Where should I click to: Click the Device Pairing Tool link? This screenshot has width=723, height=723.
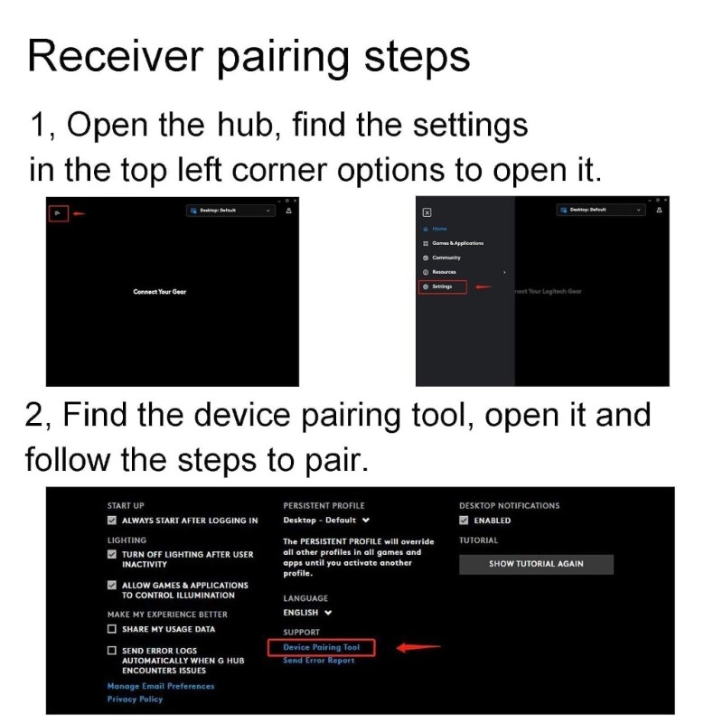click(x=321, y=647)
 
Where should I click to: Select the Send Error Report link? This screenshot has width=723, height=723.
click(x=318, y=661)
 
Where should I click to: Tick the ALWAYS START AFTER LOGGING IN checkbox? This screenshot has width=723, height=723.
click(x=112, y=521)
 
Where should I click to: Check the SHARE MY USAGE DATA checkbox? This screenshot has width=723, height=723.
click(x=112, y=629)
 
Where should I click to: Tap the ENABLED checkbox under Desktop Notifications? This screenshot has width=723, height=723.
click(x=464, y=521)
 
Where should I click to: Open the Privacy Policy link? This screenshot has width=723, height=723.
click(x=135, y=699)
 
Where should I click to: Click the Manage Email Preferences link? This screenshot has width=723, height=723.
click(x=161, y=686)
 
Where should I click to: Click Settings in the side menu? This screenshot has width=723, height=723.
click(x=442, y=286)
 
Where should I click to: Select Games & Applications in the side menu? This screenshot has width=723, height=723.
click(x=456, y=243)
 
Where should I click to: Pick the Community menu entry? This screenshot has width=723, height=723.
click(x=446, y=258)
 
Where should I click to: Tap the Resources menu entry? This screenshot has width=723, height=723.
click(x=444, y=272)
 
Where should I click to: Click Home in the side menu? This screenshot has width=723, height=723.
click(x=439, y=229)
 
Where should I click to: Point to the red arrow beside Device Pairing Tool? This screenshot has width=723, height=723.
click(x=418, y=647)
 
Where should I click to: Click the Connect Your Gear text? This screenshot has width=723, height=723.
click(x=159, y=292)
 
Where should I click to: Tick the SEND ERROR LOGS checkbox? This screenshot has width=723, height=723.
click(x=112, y=651)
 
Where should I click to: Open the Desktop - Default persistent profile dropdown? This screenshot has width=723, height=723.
click(x=326, y=521)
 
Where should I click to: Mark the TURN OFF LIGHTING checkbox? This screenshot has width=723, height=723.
click(x=112, y=554)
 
